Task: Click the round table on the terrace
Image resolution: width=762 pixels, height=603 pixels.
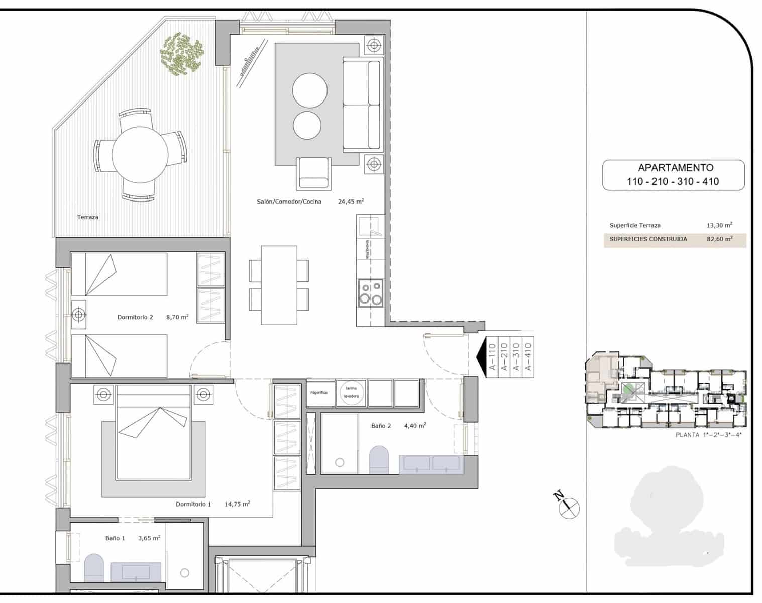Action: click(x=140, y=154)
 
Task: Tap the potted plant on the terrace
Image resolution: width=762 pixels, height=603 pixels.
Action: click(x=181, y=54)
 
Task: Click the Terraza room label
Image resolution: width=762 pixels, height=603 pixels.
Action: click(x=88, y=217)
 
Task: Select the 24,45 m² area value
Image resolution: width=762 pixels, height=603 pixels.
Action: click(x=351, y=202)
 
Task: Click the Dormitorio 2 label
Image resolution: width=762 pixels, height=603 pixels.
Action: click(x=135, y=317)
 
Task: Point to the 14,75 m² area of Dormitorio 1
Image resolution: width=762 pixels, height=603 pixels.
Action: click(x=237, y=504)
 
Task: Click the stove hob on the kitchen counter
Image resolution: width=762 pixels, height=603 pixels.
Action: click(x=370, y=293)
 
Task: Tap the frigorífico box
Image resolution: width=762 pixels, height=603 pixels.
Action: click(x=319, y=392)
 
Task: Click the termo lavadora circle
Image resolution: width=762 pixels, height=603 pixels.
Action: click(x=351, y=392)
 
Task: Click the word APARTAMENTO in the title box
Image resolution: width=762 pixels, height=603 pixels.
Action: click(x=675, y=168)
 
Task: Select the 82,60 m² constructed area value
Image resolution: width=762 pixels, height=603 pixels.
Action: click(x=719, y=239)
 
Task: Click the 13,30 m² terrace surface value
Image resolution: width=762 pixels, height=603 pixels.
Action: click(x=719, y=225)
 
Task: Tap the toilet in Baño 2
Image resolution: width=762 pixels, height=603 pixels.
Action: click(x=380, y=459)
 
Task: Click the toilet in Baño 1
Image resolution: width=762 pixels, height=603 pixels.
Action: click(x=93, y=567)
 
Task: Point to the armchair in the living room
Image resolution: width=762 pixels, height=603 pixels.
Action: click(x=314, y=173)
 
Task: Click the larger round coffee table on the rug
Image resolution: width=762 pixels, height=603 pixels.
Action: click(x=310, y=90)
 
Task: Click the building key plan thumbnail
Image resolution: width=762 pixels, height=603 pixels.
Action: click(x=666, y=390)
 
